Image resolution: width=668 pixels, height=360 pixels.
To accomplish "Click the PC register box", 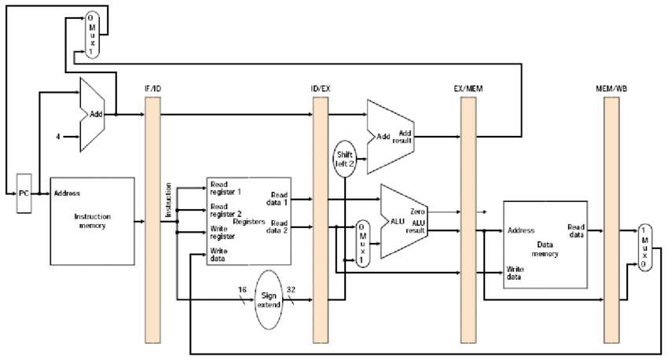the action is pyautogui.click(x=24, y=193).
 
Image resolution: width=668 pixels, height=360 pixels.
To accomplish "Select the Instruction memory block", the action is pyautogui.click(x=93, y=221).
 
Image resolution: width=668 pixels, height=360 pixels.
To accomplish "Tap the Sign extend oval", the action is pyautogui.click(x=269, y=299).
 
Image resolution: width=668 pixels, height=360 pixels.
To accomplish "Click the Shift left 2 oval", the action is pyautogui.click(x=345, y=159).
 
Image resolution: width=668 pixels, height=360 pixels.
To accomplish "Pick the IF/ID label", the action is pyautogui.click(x=152, y=89).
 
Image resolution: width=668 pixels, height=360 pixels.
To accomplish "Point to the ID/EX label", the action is pyautogui.click(x=321, y=89).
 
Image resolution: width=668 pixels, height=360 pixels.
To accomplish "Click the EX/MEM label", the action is pyautogui.click(x=468, y=89).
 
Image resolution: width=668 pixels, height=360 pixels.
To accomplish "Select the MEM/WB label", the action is pyautogui.click(x=611, y=89).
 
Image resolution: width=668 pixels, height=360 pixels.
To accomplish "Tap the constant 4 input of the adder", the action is pyautogui.click(x=58, y=137).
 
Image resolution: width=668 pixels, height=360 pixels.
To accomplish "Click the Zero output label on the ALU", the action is pyautogui.click(x=417, y=211).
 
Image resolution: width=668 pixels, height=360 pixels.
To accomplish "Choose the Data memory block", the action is pyautogui.click(x=545, y=244).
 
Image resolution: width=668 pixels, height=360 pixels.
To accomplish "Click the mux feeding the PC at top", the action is pyautogui.click(x=92, y=35).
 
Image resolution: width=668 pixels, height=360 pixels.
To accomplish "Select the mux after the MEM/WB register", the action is pyautogui.click(x=645, y=248).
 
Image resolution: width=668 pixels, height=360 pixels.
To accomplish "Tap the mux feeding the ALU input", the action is pyautogui.click(x=362, y=244).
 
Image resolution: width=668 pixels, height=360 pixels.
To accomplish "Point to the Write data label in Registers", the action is pyautogui.click(x=218, y=255).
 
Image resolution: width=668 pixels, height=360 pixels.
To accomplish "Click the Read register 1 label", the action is pyautogui.click(x=226, y=189).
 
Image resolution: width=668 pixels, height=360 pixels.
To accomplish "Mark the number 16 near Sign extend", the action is pyautogui.click(x=242, y=290).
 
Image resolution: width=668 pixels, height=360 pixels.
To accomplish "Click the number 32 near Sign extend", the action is pyautogui.click(x=291, y=290).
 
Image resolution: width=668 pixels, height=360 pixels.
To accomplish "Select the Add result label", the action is pyautogui.click(x=402, y=137).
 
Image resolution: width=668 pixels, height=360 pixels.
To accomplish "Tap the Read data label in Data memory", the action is pyautogui.click(x=576, y=230).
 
